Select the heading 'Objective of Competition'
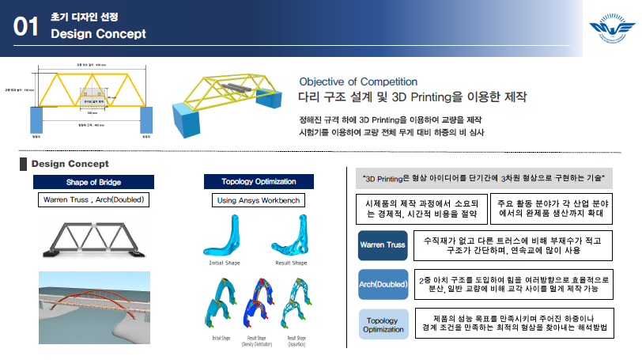358,81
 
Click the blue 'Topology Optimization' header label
259,182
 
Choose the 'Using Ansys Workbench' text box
259,200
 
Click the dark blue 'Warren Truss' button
383,245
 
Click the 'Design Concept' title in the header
98,34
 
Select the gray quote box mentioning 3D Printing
485,179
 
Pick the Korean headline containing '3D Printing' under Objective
412,98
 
